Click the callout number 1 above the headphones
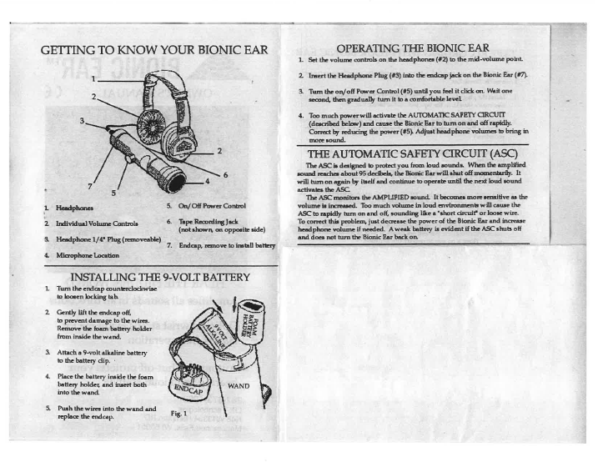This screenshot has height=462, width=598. (x=94, y=78)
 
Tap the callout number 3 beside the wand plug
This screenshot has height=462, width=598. (x=83, y=120)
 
